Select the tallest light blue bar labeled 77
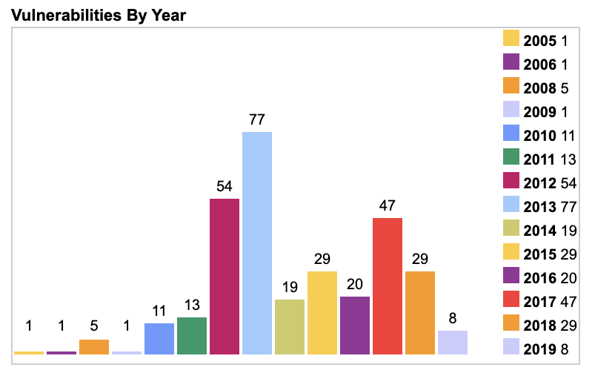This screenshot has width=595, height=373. click(257, 242)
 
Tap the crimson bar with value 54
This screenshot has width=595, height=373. click(225, 276)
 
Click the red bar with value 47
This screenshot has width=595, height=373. click(388, 285)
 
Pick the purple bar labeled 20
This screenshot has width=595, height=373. click(355, 325)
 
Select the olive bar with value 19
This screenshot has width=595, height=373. click(290, 326)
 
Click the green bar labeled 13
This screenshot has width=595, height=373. click(192, 335)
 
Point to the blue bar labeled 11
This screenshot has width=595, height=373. click(159, 338)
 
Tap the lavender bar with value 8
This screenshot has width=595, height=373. click(453, 342)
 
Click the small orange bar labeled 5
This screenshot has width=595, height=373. click(94, 346)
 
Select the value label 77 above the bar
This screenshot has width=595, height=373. click(257, 119)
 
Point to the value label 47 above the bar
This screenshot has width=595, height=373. click(388, 205)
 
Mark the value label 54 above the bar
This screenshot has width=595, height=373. click(225, 185)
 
